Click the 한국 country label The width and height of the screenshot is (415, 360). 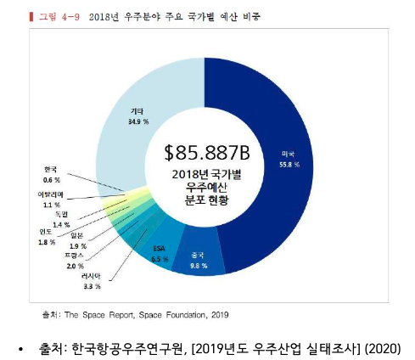pyautogui.click(x=51, y=169)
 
